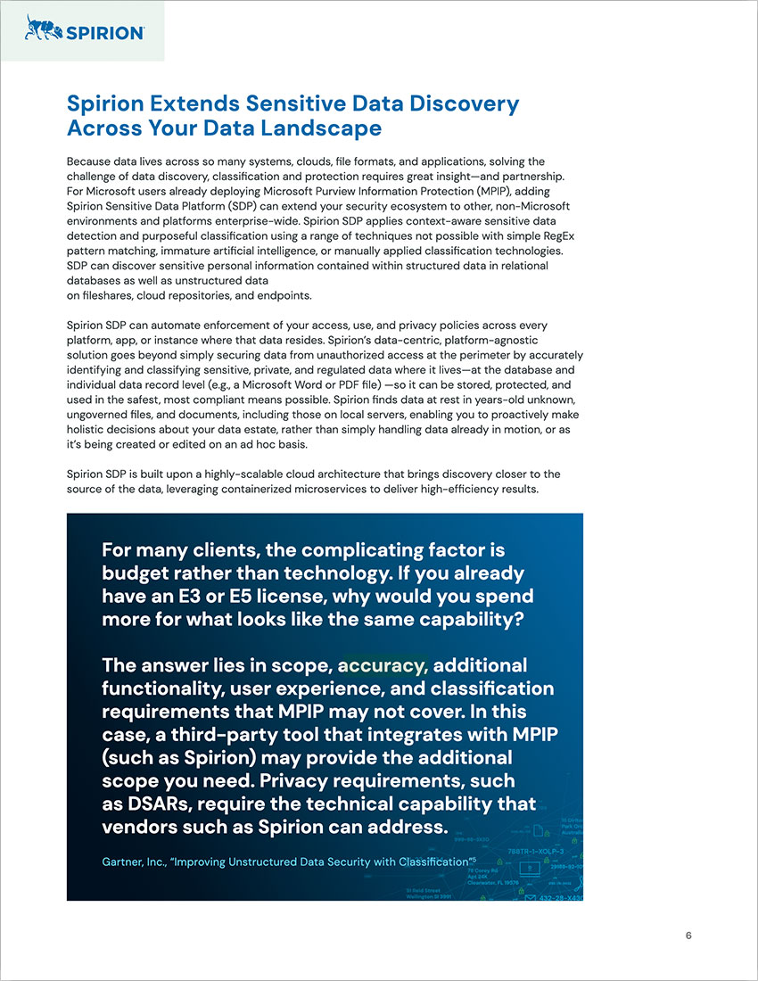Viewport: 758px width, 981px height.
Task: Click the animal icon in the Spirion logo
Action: [x=41, y=29]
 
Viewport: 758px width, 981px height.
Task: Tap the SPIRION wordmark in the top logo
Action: [x=101, y=32]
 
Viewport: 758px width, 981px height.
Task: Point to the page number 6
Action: [x=688, y=936]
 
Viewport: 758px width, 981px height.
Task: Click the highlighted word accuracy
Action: [x=383, y=665]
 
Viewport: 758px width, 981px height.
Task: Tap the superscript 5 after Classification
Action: [x=473, y=858]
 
